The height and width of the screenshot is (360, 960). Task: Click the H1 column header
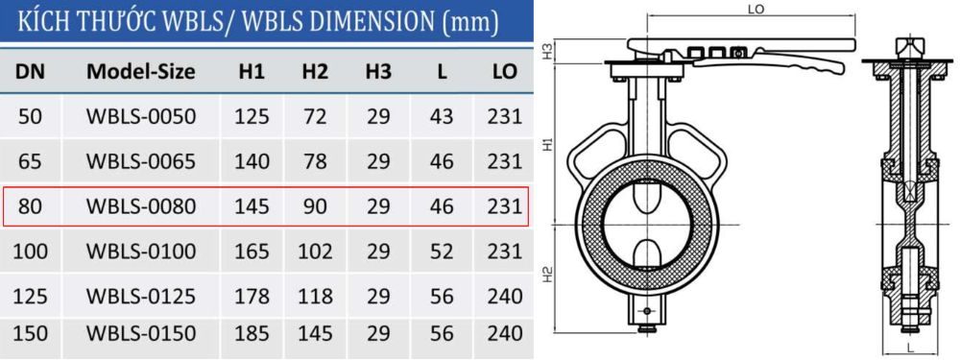pos(252,72)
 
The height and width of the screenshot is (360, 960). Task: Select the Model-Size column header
pos(141,72)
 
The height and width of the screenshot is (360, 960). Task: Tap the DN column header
pos(30,72)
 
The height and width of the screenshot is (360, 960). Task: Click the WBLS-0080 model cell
pos(141,206)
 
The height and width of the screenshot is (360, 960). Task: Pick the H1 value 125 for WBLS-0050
pos(252,117)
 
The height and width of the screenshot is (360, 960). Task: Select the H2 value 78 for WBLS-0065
pos(315,161)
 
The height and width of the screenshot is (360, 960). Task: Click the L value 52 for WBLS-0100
pos(442,252)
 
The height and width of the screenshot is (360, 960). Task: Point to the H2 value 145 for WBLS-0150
pos(315,334)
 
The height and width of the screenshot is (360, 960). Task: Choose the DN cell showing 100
pos(30,252)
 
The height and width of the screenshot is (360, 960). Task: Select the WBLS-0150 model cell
pos(141,334)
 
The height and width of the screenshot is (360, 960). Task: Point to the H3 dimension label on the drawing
pos(545,49)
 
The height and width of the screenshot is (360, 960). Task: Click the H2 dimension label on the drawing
pos(545,276)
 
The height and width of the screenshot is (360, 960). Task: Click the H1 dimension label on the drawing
pos(545,143)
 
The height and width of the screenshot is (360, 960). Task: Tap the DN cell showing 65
pos(30,161)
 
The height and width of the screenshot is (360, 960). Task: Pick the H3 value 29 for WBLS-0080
pos(378,206)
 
